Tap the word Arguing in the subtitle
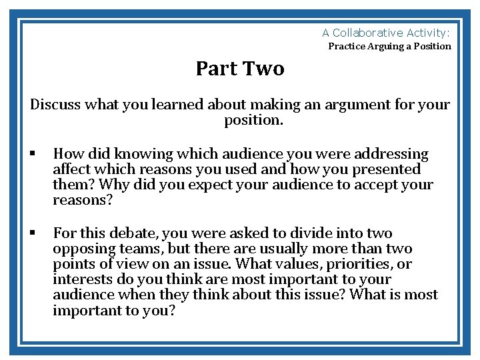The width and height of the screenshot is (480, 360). (383, 47)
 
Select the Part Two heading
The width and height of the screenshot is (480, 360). (240, 69)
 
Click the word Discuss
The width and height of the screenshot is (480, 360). (55, 105)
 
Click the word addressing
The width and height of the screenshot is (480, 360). (391, 155)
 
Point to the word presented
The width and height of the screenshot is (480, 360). (385, 170)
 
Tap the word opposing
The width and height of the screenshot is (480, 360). (81, 249)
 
